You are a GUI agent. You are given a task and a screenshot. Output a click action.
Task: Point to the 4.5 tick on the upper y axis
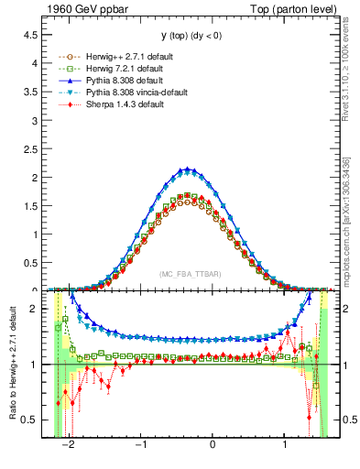36,35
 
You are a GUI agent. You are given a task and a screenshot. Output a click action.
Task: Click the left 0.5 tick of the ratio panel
36,420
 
